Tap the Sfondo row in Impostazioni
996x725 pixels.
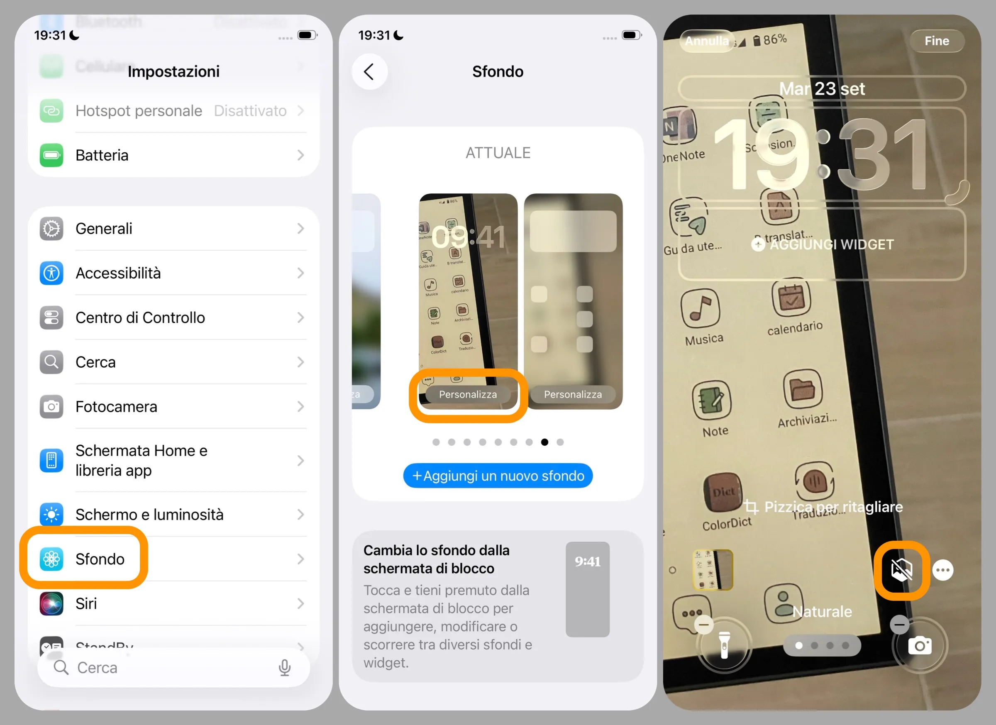pyautogui.click(x=100, y=559)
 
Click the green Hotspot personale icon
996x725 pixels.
pyautogui.click(x=51, y=111)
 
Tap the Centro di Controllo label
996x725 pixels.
pyautogui.click(x=140, y=317)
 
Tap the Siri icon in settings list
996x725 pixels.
pyautogui.click(x=51, y=603)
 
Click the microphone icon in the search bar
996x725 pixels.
pyautogui.click(x=285, y=667)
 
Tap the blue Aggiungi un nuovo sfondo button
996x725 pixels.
pyautogui.click(x=498, y=476)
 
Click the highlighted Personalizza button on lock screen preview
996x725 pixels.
pyautogui.click(x=468, y=394)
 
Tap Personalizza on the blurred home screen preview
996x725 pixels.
pyautogui.click(x=573, y=394)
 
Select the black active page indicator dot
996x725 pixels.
pyautogui.click(x=544, y=442)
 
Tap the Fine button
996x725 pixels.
pyautogui.click(x=936, y=41)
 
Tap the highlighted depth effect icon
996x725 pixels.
pyautogui.click(x=901, y=570)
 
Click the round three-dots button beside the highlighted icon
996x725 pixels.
pyautogui.click(x=942, y=570)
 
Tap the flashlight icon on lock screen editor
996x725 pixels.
pyautogui.click(x=724, y=644)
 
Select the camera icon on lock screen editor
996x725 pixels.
pyautogui.click(x=920, y=645)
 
